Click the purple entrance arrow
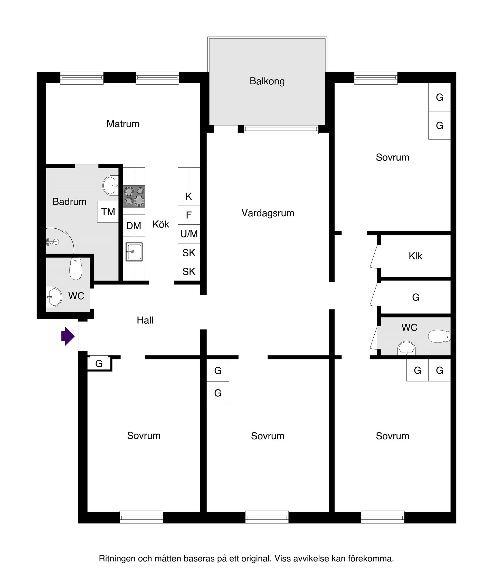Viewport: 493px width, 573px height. pos(68,336)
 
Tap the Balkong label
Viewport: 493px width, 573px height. pos(267,81)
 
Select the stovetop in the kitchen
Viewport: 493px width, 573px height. pos(134,196)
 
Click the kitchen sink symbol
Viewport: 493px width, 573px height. pos(134,252)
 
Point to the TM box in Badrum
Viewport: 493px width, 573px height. pos(108,212)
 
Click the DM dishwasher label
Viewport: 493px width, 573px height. pos(134,226)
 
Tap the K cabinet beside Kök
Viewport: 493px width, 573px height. pos(189,197)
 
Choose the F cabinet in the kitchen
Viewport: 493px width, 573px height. pos(189,215)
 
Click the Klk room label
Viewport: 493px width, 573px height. pos(415,256)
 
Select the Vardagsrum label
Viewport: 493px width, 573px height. pos(268,213)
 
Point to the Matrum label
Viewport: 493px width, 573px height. pos(123,124)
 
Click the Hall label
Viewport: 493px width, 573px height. pos(145,320)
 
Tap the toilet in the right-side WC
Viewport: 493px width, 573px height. pos(439,336)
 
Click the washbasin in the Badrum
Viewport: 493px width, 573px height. pos(110,186)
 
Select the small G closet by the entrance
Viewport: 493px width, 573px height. pos(99,364)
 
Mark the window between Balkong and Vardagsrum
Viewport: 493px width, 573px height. pos(281,130)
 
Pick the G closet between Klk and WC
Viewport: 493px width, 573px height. pos(415,298)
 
